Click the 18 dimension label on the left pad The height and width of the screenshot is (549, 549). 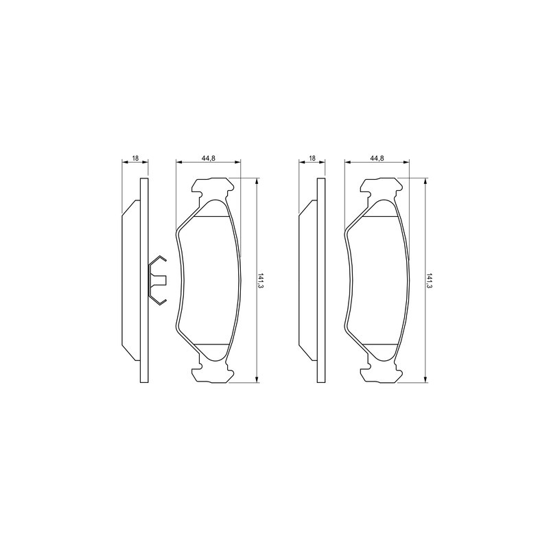click(x=135, y=159)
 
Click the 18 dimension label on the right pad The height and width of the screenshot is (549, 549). click(x=312, y=159)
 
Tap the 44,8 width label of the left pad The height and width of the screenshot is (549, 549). click(x=209, y=159)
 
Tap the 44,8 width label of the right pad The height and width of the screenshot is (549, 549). click(x=377, y=159)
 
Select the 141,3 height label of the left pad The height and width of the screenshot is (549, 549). click(x=260, y=281)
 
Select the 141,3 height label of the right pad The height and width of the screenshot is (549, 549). click(x=428, y=281)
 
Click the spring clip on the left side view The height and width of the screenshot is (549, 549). click(x=157, y=280)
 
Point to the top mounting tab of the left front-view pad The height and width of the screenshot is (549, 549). click(x=213, y=188)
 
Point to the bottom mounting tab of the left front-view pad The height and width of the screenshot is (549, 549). click(x=213, y=372)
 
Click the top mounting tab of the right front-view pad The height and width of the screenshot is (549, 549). click(x=381, y=188)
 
